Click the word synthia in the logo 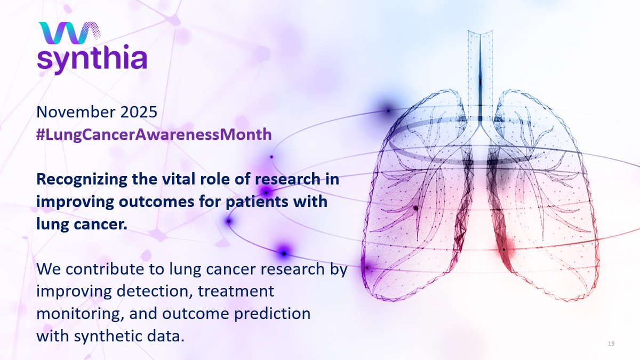click(91, 60)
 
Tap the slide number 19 click(611, 344)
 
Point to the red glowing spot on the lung click(503, 249)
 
